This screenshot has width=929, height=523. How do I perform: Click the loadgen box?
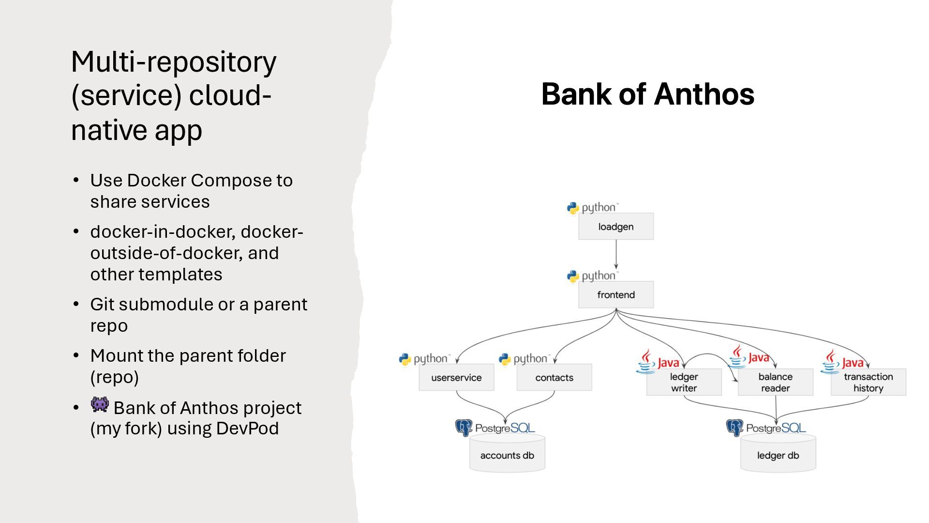click(615, 226)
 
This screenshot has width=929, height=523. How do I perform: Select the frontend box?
click(615, 294)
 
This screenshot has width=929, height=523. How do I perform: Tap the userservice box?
click(456, 377)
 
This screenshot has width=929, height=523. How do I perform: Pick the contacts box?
click(554, 377)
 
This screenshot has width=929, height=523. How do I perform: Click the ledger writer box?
click(684, 382)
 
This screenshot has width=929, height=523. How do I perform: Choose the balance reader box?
click(775, 382)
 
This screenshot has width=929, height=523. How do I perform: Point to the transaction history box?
click(868, 382)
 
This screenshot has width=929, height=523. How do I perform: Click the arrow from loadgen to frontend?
click(616, 254)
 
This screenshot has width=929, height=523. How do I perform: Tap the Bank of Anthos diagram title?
click(647, 94)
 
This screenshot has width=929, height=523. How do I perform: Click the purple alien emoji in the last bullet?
click(100, 404)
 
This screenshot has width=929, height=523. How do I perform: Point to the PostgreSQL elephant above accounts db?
click(464, 428)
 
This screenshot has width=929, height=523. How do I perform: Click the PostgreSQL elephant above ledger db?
click(734, 428)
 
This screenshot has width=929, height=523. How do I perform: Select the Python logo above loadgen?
click(573, 208)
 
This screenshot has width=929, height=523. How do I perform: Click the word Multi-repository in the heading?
click(174, 62)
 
